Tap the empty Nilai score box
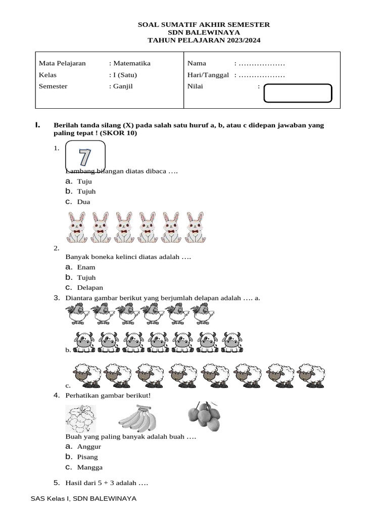tap(298, 94)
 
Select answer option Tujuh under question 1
tap(86, 192)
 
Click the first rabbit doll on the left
tap(76, 227)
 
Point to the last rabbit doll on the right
tap(195, 227)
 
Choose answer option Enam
tap(86, 267)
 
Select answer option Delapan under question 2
tap(90, 288)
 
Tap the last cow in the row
tap(232, 341)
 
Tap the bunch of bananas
tap(137, 419)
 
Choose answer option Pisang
tap(87, 457)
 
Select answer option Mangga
tap(89, 467)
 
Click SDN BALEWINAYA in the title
tap(204, 32)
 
